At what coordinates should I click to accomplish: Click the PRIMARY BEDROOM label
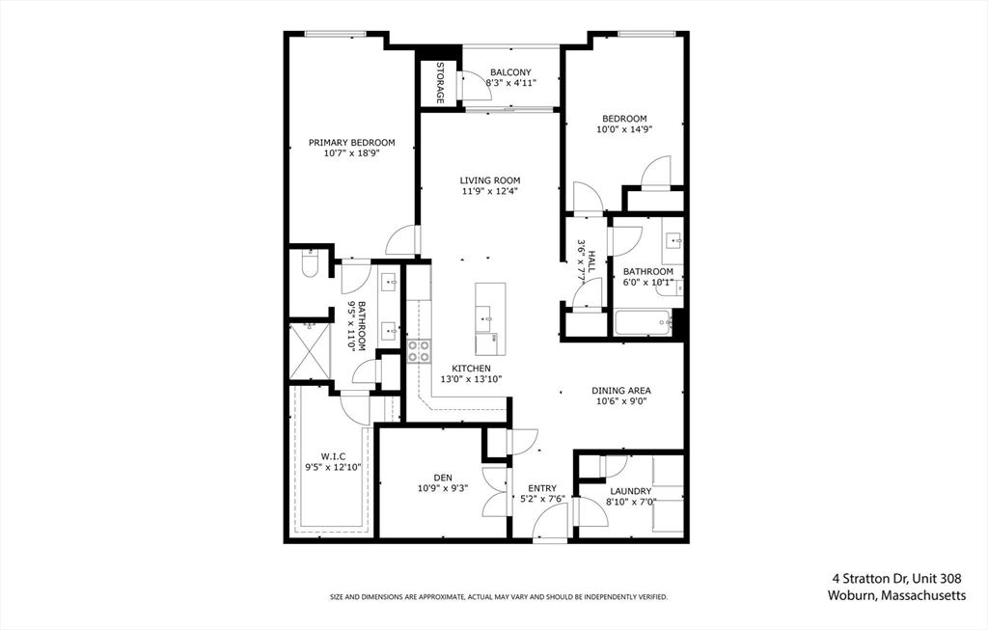[351, 143]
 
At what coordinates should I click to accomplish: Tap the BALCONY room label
[509, 72]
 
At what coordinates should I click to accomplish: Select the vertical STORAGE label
[440, 82]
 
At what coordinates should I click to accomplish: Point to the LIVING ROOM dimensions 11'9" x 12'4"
[490, 191]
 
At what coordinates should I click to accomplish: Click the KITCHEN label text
[472, 369]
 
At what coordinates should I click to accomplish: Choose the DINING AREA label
[620, 391]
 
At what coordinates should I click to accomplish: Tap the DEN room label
[442, 476]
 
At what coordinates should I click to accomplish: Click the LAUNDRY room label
[629, 491]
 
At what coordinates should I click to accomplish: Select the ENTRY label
[541, 488]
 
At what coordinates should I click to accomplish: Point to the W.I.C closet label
[333, 456]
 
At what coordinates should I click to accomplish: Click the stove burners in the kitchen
[419, 351]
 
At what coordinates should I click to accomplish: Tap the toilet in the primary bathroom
[310, 264]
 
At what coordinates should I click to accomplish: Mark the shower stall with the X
[310, 350]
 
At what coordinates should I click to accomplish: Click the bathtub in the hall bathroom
[643, 322]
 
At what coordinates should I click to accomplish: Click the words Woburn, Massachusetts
[896, 596]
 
